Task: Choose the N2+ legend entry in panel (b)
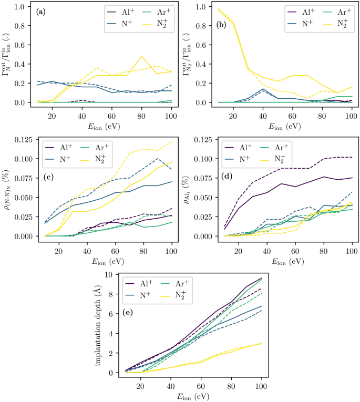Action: (x=329, y=23)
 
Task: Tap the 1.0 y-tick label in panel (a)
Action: (x=25, y=7)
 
